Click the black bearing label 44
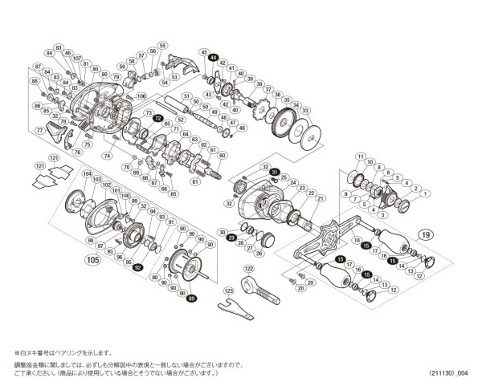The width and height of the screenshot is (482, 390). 213,59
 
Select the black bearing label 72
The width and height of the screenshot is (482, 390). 157,118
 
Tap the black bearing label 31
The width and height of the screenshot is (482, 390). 275,173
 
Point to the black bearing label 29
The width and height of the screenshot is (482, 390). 231,238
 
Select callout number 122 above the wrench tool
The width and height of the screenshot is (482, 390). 248,267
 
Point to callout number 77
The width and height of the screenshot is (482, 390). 39,131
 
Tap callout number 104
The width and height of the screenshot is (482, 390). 86,173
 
